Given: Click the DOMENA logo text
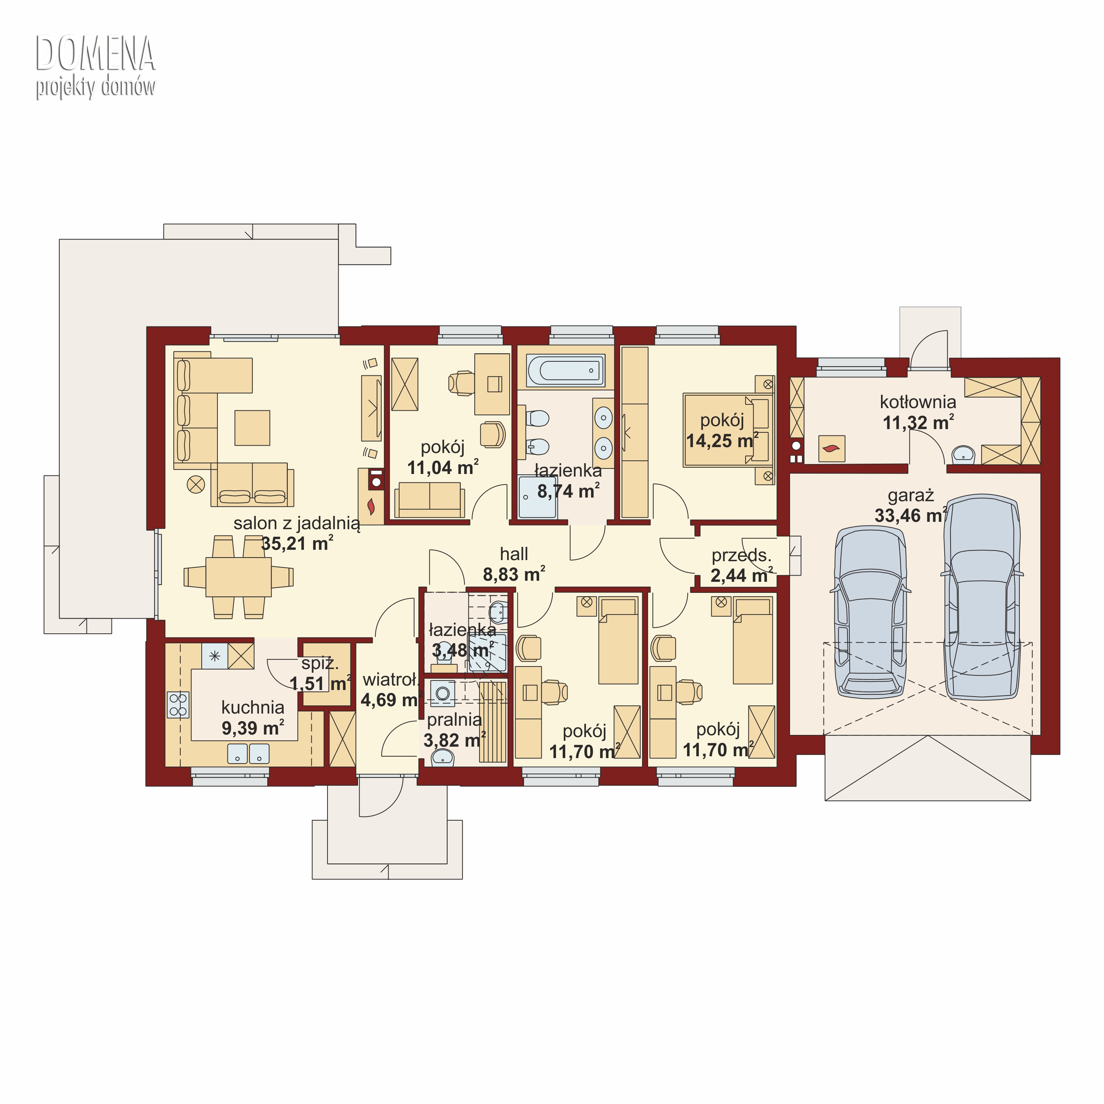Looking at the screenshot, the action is click(95, 53).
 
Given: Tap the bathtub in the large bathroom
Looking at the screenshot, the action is click(565, 370).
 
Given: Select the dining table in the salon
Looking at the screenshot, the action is click(238, 577).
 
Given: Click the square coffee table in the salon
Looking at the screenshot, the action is click(252, 427).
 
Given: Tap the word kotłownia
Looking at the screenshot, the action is click(918, 402).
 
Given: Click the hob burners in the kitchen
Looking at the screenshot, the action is click(178, 705).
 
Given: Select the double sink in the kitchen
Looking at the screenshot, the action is click(248, 753).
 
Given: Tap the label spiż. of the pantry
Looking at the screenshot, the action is click(320, 664).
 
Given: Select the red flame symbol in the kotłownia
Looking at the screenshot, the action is click(831, 449).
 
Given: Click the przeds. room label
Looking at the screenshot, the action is click(741, 555).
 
